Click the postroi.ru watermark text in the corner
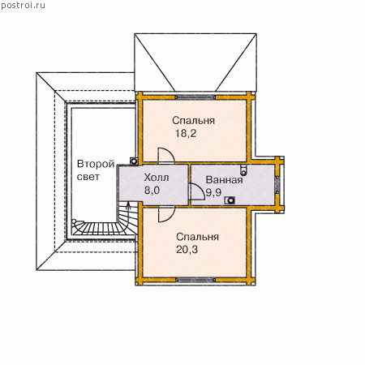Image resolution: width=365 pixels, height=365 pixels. (x=23, y=5)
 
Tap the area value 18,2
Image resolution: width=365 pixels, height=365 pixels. (x=186, y=133)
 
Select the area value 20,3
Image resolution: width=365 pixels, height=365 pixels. (x=187, y=250)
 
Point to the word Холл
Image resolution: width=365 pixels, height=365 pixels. (x=157, y=178)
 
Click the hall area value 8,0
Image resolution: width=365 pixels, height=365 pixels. (x=152, y=191)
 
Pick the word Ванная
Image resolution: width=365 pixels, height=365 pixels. (x=225, y=180)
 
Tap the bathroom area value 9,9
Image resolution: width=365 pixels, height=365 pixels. (x=213, y=193)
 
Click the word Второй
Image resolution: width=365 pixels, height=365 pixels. (x=96, y=164)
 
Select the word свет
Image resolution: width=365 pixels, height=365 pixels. (x=88, y=177)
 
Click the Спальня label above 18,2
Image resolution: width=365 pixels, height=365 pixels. (x=194, y=121)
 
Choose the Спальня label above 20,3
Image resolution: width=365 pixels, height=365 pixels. (x=197, y=237)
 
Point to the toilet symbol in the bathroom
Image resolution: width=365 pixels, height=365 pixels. (x=243, y=170)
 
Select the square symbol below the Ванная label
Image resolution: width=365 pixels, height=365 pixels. (x=230, y=200)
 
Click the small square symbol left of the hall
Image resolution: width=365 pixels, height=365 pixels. (x=134, y=161)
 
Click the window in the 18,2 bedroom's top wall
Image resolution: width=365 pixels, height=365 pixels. (x=195, y=97)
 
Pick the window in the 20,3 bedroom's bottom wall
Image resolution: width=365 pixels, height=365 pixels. (x=195, y=280)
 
